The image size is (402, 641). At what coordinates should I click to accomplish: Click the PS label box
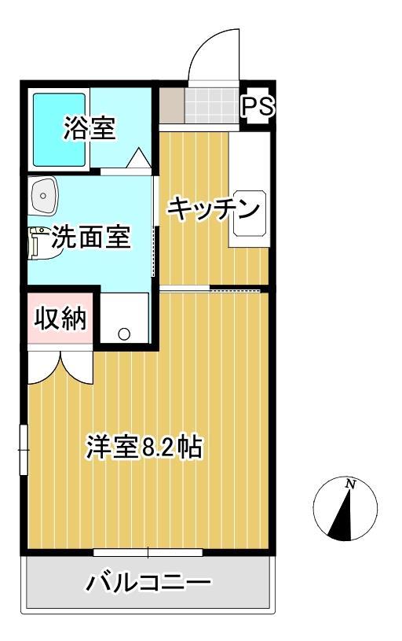point(257,107)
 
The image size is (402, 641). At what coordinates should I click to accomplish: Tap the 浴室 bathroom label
point(89,127)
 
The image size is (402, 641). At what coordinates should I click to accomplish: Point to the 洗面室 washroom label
point(90,238)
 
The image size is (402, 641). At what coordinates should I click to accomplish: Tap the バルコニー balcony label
point(148,583)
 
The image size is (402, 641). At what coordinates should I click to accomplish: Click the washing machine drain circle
point(124,333)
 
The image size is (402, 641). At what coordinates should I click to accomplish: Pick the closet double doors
point(61,365)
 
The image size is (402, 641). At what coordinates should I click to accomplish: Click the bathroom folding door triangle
point(138,159)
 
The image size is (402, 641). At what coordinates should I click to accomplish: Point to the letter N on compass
point(350,485)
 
